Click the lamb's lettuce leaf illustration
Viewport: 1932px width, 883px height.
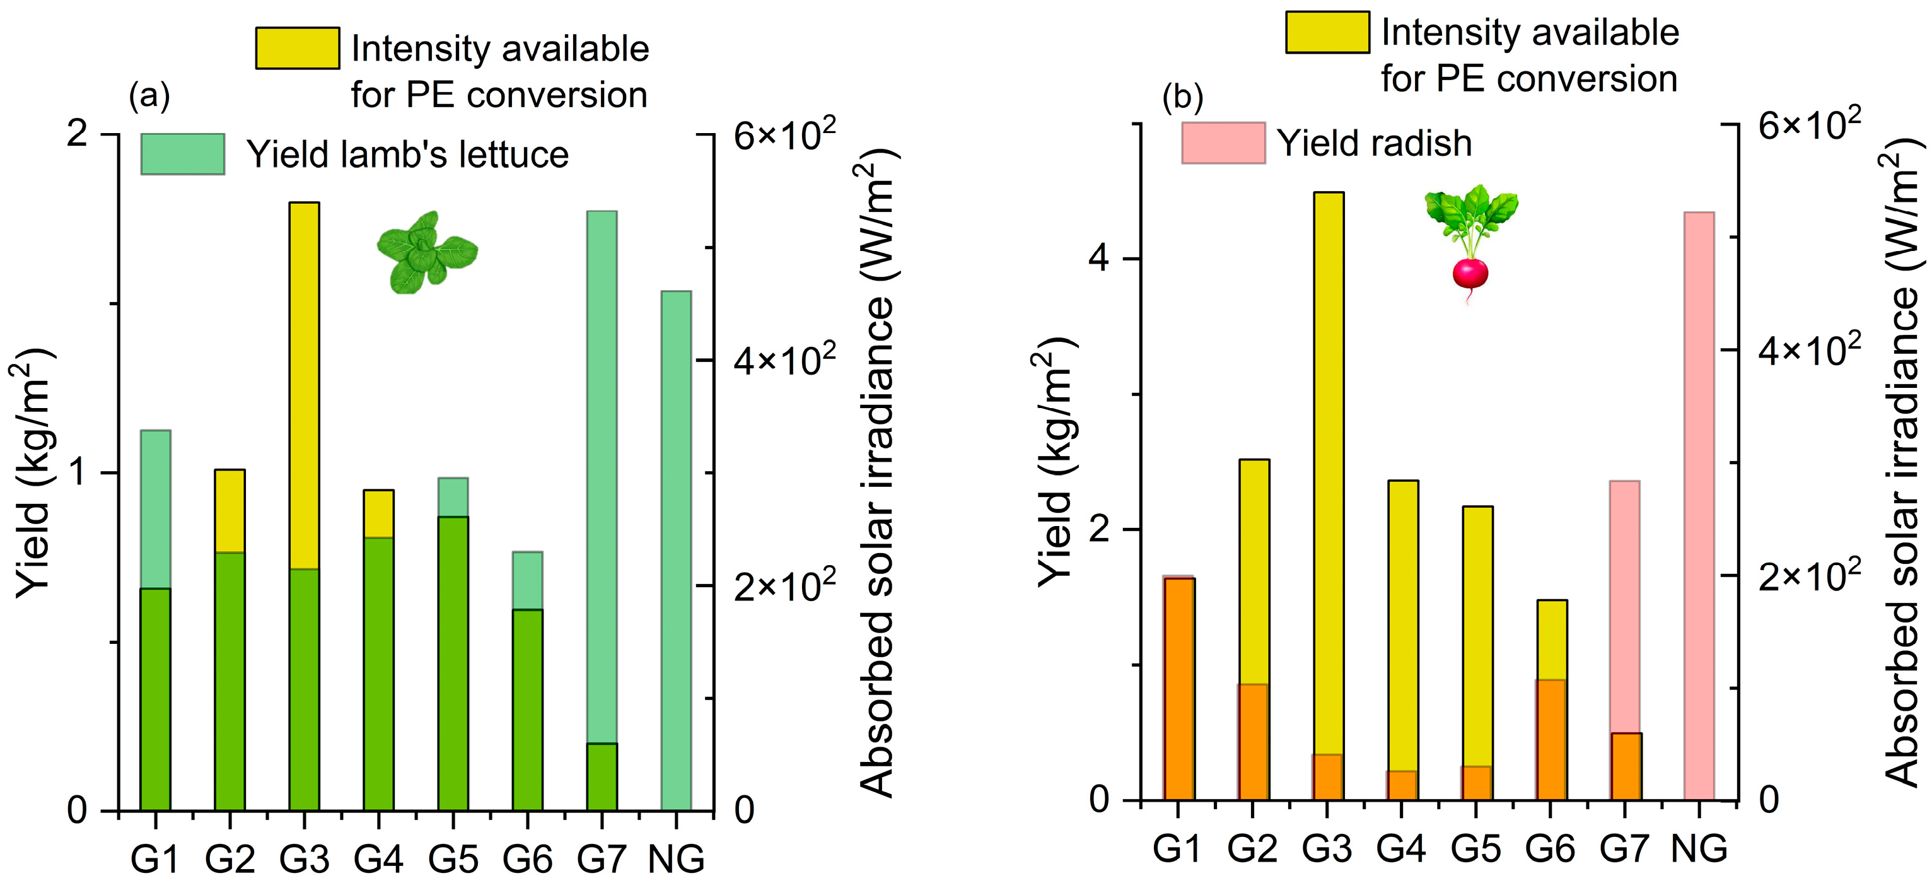pyautogui.click(x=426, y=252)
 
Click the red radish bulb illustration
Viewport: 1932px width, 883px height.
pyautogui.click(x=1469, y=274)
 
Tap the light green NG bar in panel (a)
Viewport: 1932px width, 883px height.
pyautogui.click(x=676, y=547)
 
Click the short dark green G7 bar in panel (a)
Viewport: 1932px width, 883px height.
pyautogui.click(x=602, y=776)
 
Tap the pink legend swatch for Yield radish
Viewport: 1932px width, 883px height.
pyautogui.click(x=1223, y=143)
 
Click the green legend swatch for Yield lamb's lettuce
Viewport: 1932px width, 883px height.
pyautogui.click(x=182, y=154)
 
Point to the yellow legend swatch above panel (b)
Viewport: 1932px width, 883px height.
pyautogui.click(x=1327, y=32)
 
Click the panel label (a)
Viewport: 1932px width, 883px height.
pyautogui.click(x=149, y=96)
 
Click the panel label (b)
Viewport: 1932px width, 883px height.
pyautogui.click(x=1182, y=96)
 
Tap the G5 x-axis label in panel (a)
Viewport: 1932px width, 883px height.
pyautogui.click(x=453, y=858)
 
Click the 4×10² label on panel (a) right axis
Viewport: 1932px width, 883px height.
pyautogui.click(x=784, y=361)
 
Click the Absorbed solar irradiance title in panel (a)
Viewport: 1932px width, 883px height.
pyautogui.click(x=876, y=472)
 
